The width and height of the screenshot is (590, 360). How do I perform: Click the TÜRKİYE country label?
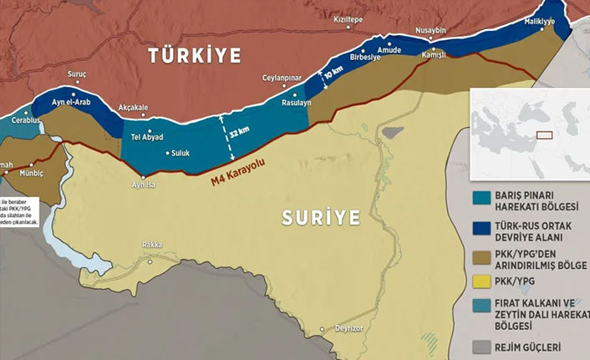(194, 57)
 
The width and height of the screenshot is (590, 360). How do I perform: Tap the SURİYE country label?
(319, 219)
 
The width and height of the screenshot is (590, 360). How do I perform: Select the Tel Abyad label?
(148, 136)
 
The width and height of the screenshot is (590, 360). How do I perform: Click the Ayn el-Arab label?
(70, 102)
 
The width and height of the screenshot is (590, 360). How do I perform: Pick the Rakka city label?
(151, 245)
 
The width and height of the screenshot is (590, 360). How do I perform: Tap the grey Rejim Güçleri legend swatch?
(481, 346)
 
